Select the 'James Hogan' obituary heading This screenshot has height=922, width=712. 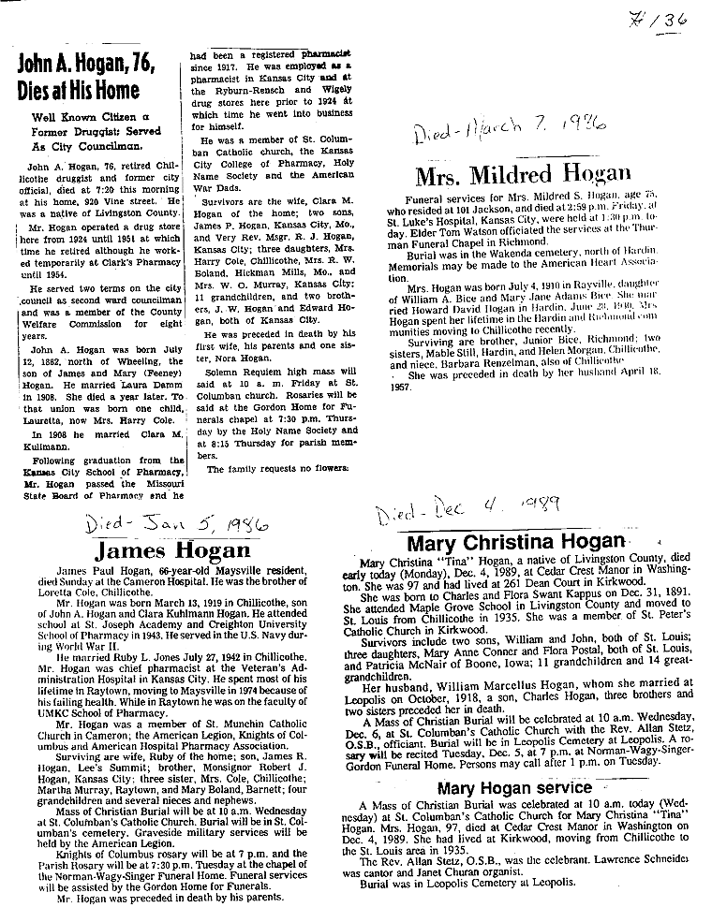click(x=172, y=549)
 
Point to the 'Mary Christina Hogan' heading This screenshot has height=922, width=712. click(x=516, y=541)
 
